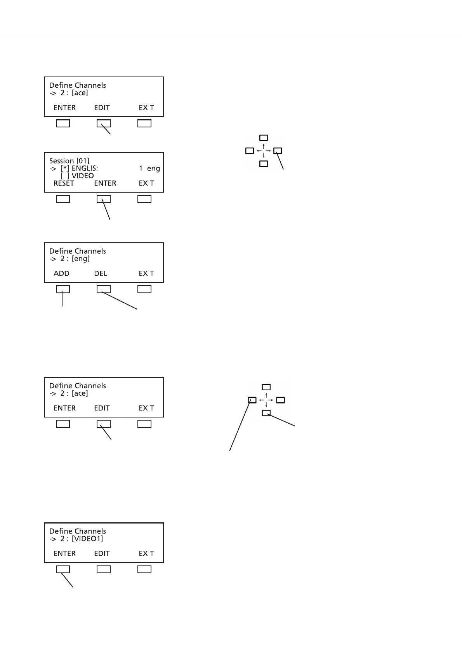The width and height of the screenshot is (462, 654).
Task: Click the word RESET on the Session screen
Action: (64, 183)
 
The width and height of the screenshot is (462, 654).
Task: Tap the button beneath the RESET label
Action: (63, 199)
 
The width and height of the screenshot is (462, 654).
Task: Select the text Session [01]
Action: (69, 161)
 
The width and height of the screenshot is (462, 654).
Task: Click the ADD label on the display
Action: (61, 273)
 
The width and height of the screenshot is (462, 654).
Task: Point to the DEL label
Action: (101, 273)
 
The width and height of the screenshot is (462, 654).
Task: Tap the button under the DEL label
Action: (103, 289)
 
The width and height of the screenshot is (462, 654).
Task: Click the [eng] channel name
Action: (81, 259)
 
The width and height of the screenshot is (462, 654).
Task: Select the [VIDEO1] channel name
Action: (87, 539)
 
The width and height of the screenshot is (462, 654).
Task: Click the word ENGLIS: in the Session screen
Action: (85, 169)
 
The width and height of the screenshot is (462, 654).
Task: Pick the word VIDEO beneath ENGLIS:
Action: (83, 176)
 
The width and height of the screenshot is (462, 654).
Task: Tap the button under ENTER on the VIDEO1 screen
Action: (63, 569)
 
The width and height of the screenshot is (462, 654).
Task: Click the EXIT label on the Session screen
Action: (146, 183)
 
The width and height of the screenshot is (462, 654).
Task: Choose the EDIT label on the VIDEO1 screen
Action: (102, 553)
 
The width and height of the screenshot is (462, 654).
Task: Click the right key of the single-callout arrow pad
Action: (278, 151)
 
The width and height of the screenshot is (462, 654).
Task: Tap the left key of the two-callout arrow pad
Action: (252, 400)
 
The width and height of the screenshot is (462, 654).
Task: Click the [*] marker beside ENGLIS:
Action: (65, 169)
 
